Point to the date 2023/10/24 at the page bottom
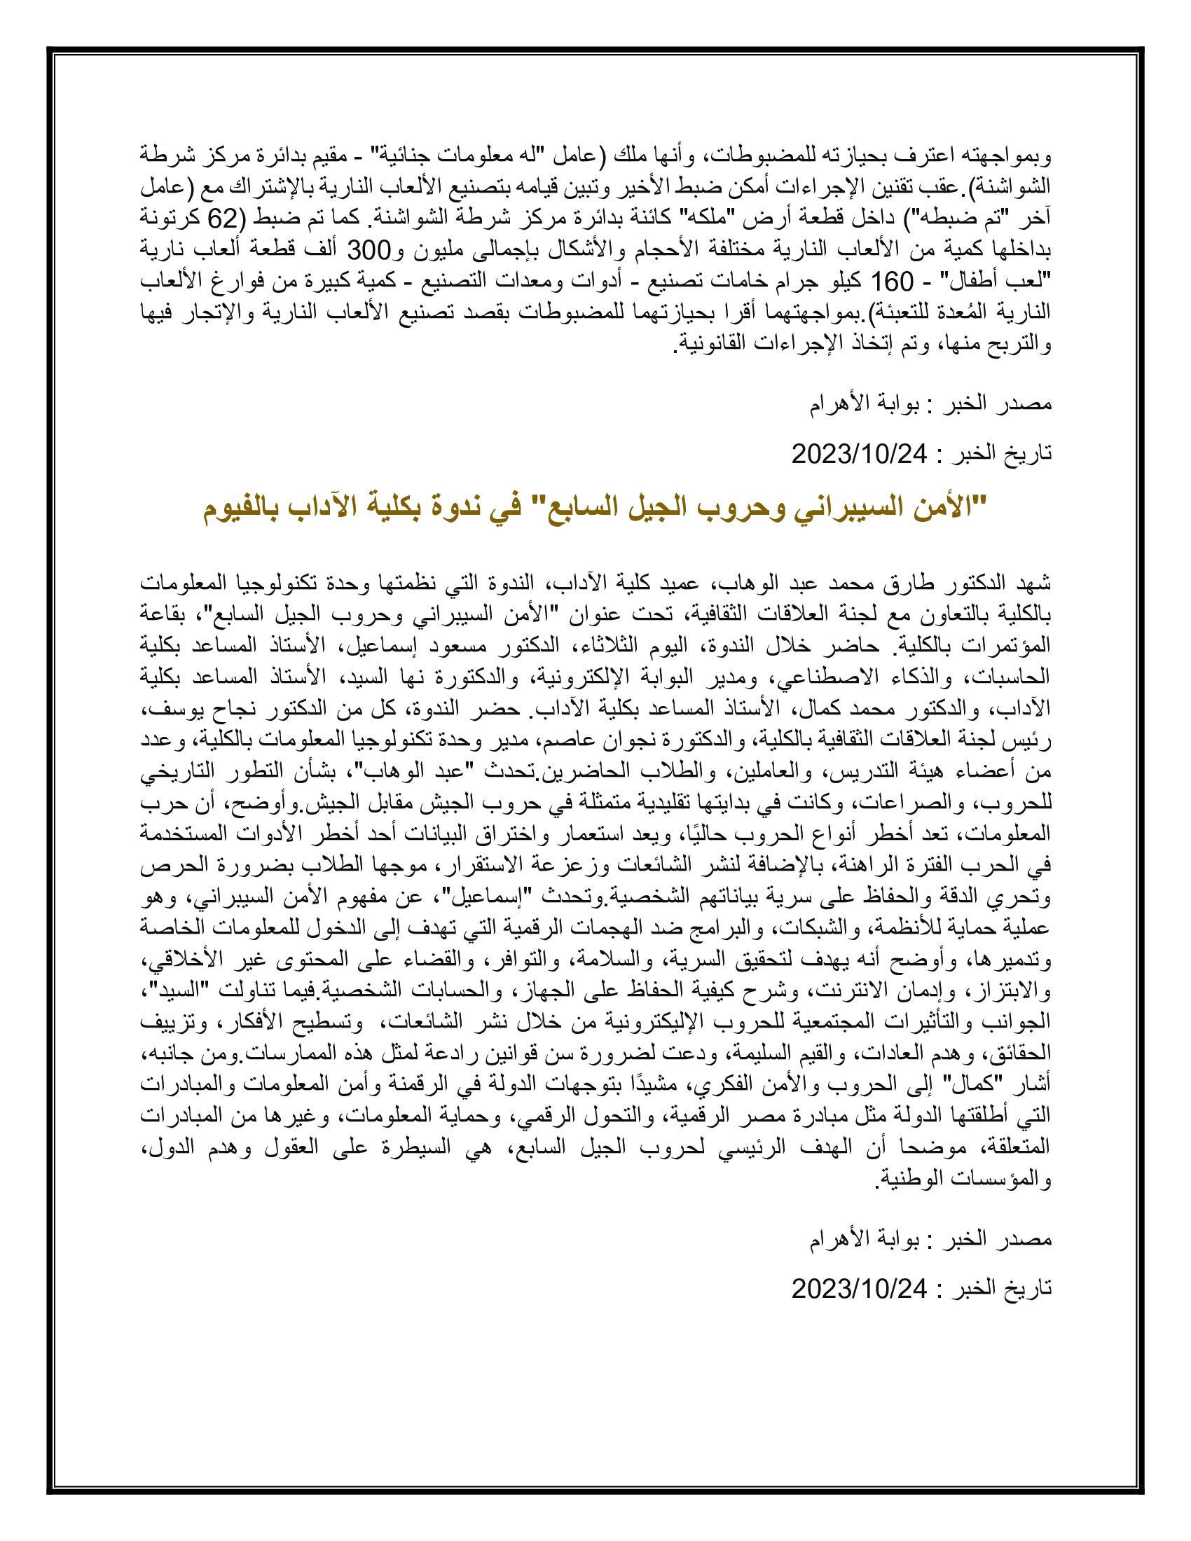[859, 1289]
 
